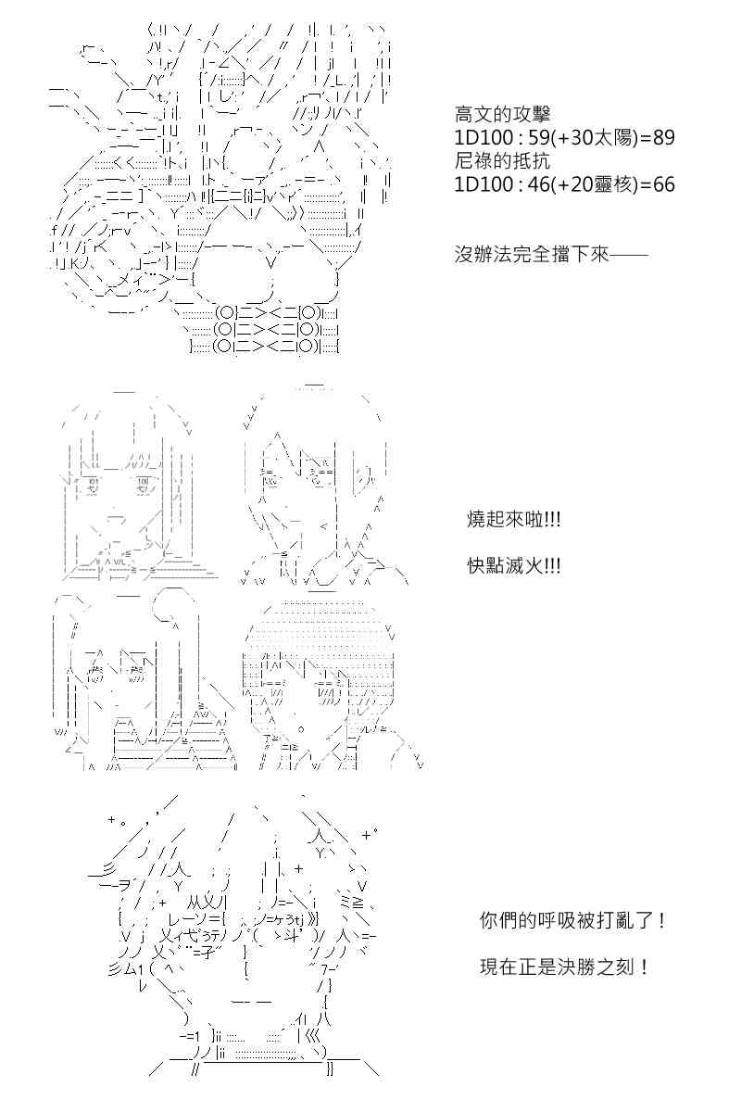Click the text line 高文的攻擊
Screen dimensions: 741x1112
[502, 115]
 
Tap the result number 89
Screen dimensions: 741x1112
[663, 137]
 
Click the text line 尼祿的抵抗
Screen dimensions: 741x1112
[502, 161]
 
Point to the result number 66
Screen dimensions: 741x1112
[663, 184]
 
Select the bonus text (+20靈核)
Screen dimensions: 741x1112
[594, 184]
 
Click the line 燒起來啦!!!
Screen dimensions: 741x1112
[514, 520]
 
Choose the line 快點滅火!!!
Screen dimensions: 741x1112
[514, 566]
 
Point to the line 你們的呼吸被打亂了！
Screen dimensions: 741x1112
[572, 921]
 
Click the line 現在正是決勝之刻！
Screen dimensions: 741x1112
[564, 967]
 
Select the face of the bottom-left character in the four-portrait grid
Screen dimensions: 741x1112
[117, 680]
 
